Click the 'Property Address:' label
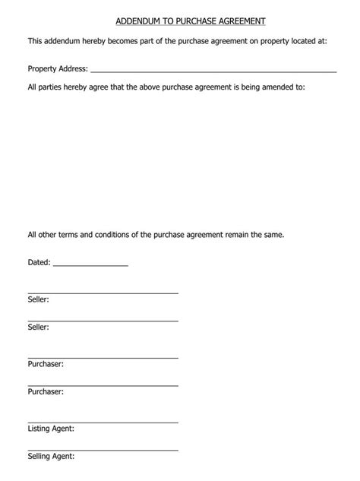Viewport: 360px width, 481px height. [57, 68]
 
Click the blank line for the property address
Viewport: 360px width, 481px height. [213, 71]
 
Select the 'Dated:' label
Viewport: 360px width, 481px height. [39, 262]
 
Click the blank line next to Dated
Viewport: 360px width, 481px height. [90, 264]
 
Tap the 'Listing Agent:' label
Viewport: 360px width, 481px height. [51, 429]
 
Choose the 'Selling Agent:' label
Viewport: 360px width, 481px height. [51, 456]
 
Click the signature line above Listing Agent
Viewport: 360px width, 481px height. [103, 422]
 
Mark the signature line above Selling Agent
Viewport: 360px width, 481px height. [103, 449]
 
